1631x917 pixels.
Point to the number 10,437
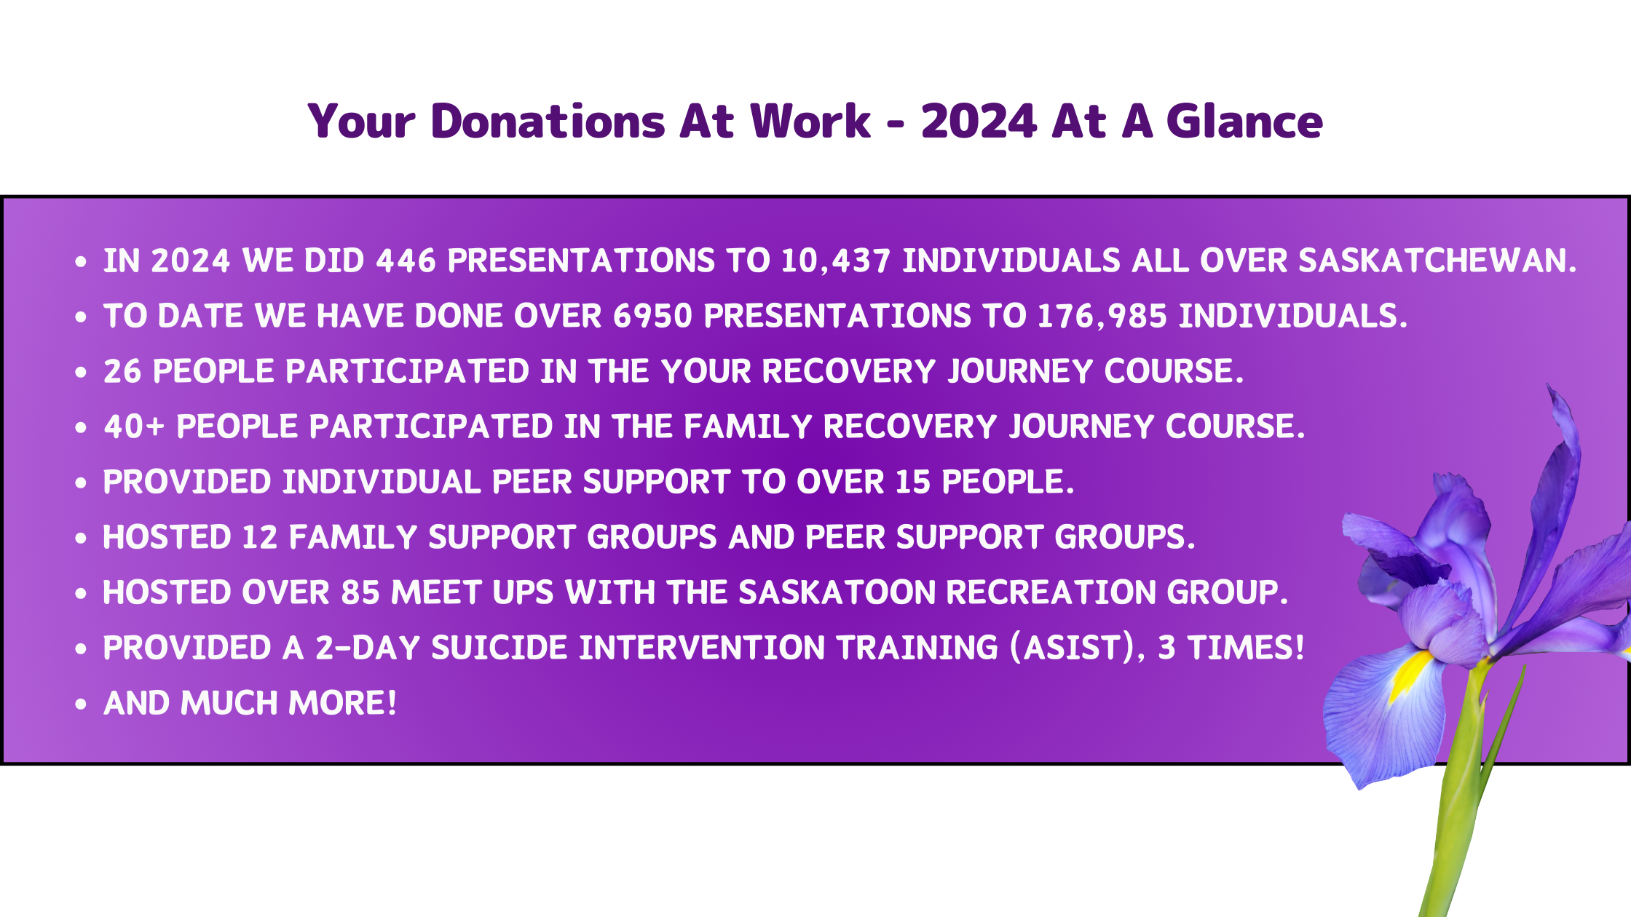tap(836, 261)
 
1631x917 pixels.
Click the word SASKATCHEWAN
tap(1437, 261)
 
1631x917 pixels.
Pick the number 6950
tap(652, 316)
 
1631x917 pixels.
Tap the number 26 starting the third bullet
tap(122, 371)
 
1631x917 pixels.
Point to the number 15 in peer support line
tap(912, 482)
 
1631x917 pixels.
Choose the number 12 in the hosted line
tap(260, 537)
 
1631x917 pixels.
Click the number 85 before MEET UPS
tap(360, 592)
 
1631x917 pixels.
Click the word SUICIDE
tap(499, 648)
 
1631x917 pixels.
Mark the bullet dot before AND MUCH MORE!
tap(81, 704)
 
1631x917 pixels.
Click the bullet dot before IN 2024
tap(81, 261)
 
